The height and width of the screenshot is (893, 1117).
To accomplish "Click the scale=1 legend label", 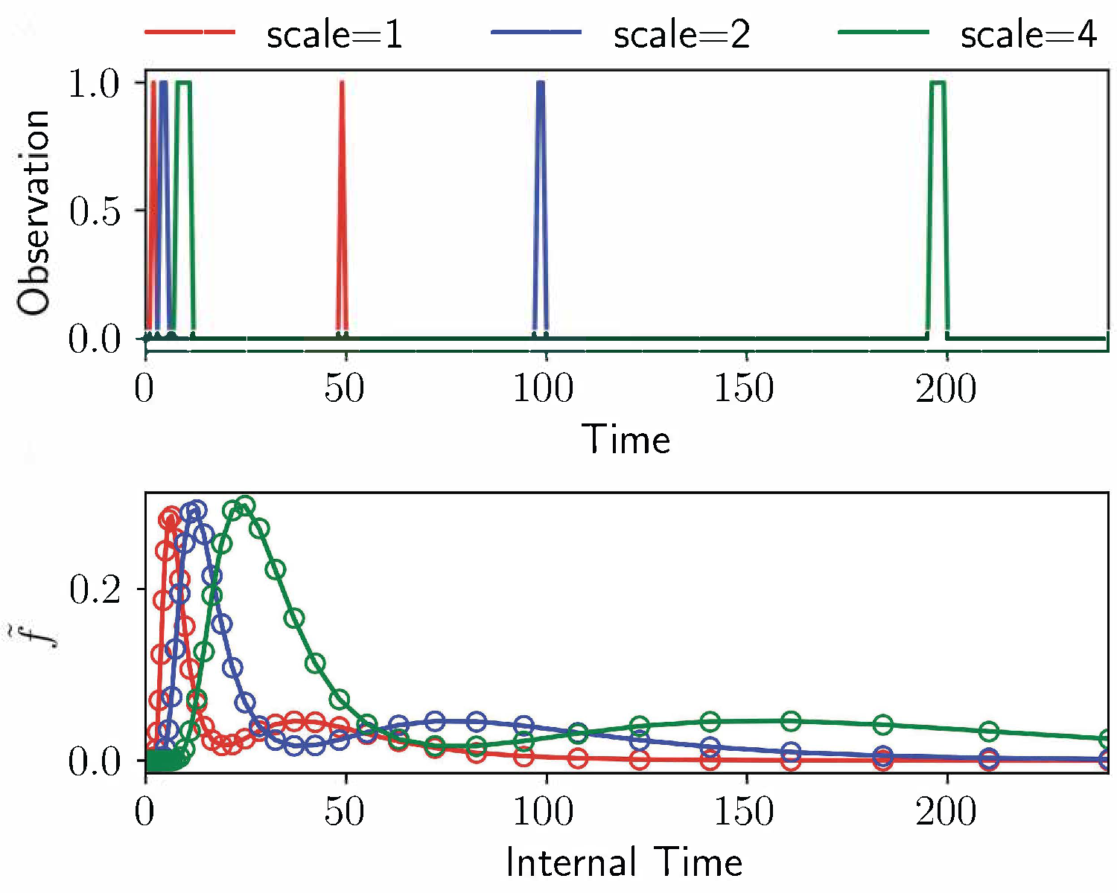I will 334,35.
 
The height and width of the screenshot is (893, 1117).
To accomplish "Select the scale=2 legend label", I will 681,35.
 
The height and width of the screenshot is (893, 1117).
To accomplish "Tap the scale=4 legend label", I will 1028,35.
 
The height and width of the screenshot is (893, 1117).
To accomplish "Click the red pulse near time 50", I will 342,208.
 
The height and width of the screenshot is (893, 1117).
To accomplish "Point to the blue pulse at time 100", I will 541,208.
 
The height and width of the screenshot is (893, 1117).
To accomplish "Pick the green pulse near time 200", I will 938,208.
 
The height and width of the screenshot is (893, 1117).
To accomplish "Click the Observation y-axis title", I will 34,213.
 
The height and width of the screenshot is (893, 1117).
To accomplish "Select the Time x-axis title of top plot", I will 626,439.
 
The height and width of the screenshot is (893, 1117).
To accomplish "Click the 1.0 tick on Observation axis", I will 94,84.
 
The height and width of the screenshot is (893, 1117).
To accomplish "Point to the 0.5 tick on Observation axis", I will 94,212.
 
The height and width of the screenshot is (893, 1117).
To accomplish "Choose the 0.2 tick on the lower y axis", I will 94,590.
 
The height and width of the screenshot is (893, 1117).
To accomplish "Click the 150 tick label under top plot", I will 745,389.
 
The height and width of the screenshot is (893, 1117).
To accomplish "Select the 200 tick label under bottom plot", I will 946,811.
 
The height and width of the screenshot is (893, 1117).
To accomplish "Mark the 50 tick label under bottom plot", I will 344,811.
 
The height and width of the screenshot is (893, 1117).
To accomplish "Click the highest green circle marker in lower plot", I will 244,507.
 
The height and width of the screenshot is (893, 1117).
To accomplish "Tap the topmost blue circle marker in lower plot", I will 197,510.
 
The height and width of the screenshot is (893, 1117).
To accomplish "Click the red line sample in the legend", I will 189,33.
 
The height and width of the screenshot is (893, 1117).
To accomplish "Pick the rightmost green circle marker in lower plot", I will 1107,739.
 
